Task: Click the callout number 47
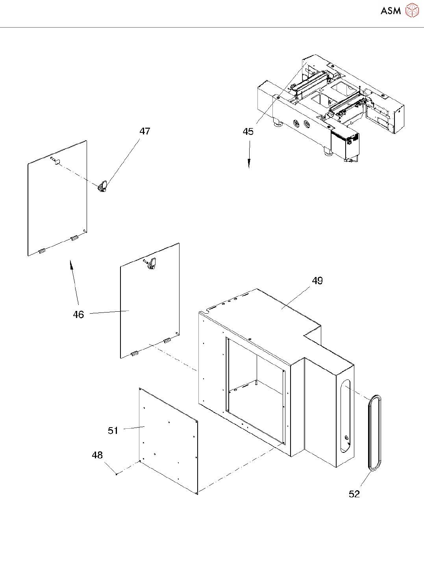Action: pos(144,131)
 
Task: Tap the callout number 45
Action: pos(248,132)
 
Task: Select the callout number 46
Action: pos(78,314)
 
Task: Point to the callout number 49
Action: pos(317,281)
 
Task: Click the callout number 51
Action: pos(113,430)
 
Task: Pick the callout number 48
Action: pos(97,455)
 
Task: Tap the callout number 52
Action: pos(354,494)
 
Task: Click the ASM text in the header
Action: pos(391,11)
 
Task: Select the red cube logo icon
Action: pos(412,11)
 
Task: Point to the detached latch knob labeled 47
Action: pos(103,186)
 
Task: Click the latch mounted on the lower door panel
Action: pos(152,263)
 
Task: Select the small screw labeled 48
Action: pos(117,474)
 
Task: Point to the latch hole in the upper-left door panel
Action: pos(57,161)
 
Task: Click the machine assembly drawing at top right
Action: pos(331,106)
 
